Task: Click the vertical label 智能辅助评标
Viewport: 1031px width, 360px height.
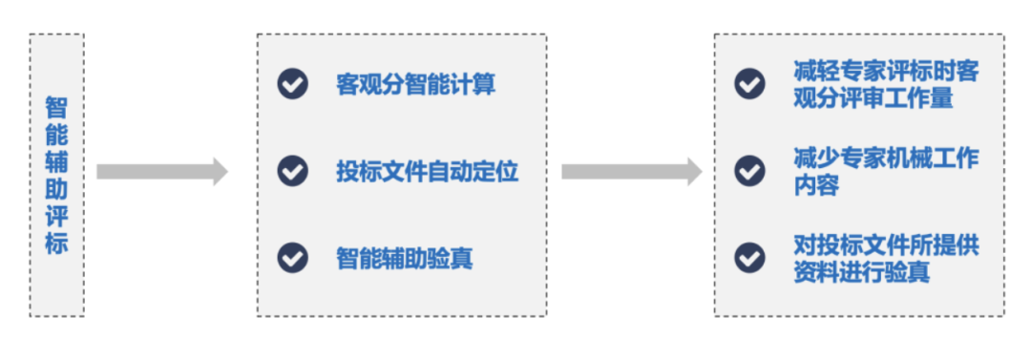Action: (56, 174)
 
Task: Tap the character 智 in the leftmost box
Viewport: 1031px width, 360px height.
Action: (56, 106)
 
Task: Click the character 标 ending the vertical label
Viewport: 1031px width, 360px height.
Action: (56, 243)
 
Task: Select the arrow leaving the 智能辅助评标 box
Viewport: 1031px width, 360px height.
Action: (161, 172)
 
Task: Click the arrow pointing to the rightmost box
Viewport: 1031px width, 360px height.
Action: (631, 172)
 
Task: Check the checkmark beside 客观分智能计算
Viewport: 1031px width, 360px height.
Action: (292, 84)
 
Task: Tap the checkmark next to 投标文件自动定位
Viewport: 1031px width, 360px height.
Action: (292, 171)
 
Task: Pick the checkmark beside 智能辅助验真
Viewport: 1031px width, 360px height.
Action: (292, 258)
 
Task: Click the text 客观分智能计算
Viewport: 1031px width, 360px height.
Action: (416, 85)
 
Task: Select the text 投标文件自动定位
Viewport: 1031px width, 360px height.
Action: (427, 172)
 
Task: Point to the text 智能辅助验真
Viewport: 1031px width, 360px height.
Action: (405, 259)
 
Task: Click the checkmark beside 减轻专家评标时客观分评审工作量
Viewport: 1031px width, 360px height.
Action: (749, 83)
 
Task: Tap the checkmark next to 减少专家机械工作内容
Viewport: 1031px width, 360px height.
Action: (749, 171)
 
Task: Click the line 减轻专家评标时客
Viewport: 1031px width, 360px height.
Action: (885, 72)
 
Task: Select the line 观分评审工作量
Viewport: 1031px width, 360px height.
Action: (873, 97)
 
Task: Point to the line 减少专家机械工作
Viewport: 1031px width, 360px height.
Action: (885, 159)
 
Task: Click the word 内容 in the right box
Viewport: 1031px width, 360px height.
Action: (816, 185)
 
